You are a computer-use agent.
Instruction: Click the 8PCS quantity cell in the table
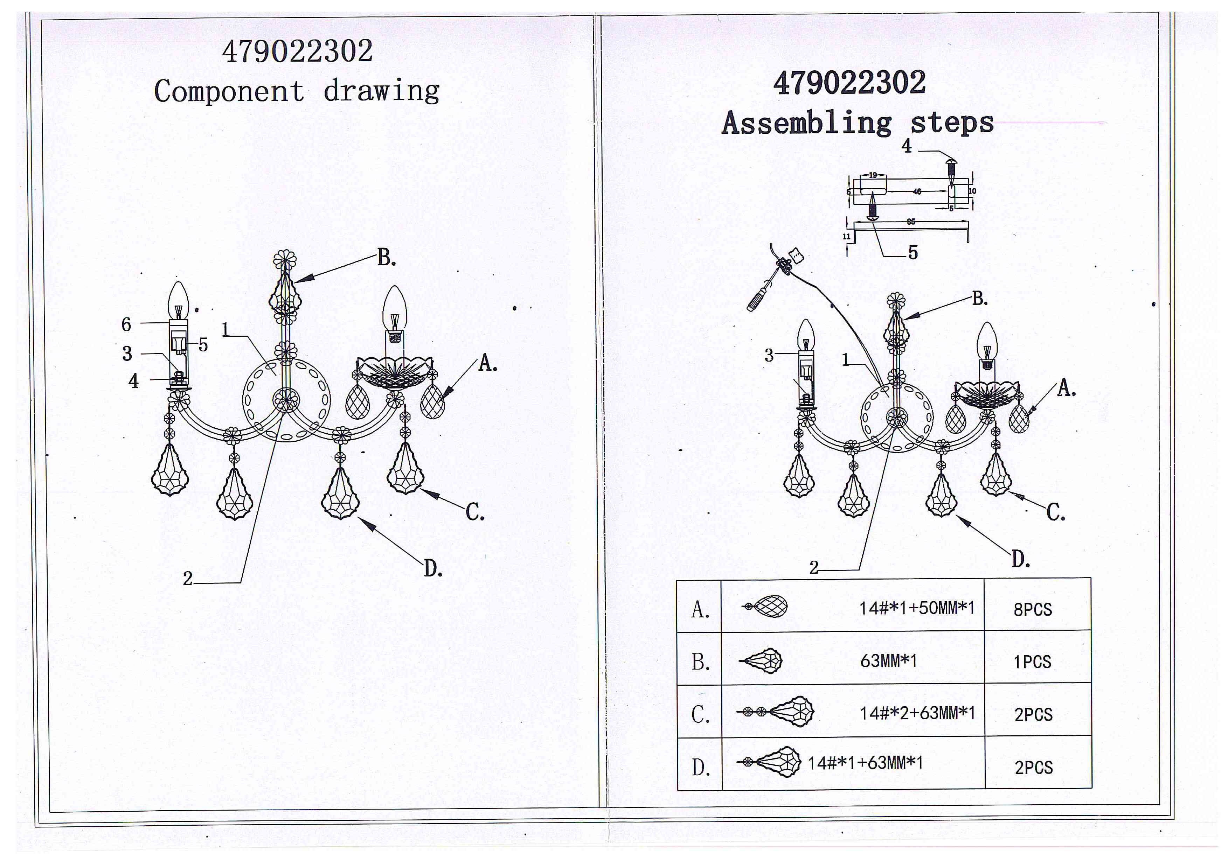tap(1032, 609)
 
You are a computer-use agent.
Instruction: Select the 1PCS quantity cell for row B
tap(1032, 662)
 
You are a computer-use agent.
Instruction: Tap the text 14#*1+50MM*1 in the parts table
tap(917, 608)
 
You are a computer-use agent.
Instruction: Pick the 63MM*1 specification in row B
tap(888, 660)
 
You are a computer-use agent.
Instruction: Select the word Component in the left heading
tap(229, 91)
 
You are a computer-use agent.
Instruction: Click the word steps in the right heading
tap(952, 123)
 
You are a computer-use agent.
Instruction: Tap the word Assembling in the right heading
tap(806, 123)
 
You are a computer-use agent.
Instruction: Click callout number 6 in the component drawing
tap(126, 324)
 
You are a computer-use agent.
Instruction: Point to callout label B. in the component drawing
tap(386, 258)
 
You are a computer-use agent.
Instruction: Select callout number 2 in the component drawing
tap(187, 578)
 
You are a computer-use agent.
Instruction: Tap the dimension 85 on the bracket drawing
tap(911, 221)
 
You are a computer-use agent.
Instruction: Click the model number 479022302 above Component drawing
tap(297, 51)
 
